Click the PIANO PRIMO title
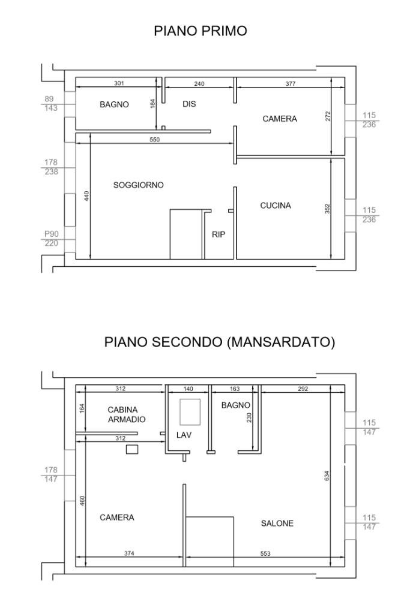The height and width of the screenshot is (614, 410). coord(200,31)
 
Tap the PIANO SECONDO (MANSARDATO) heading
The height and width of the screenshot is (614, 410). coord(220,342)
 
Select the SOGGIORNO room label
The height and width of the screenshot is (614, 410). coord(138,185)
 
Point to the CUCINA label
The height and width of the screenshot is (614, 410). coord(276,205)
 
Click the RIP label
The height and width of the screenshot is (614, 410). coord(219,234)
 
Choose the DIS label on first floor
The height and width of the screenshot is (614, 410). coord(189,104)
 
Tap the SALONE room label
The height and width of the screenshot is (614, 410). coord(277,523)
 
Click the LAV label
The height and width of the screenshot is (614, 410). coord(184,435)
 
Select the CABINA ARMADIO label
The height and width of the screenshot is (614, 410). coord(127,414)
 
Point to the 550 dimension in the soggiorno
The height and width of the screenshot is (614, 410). coord(155,139)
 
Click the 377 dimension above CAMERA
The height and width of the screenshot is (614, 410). coord(291,83)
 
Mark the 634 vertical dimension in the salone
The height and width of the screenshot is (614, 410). coord(327,475)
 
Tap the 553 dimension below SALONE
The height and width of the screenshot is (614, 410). coord(265,553)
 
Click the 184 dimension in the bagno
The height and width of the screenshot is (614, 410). coord(153,103)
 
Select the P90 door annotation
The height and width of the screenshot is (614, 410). coord(52,234)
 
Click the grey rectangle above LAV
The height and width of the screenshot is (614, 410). coord(190,412)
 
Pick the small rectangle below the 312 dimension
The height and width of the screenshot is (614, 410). coord(132,449)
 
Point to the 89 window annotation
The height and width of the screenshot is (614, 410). coord(49,99)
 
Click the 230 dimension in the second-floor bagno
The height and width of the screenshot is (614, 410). coord(249,417)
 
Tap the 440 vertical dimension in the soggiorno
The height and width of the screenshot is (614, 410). coord(87,196)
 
